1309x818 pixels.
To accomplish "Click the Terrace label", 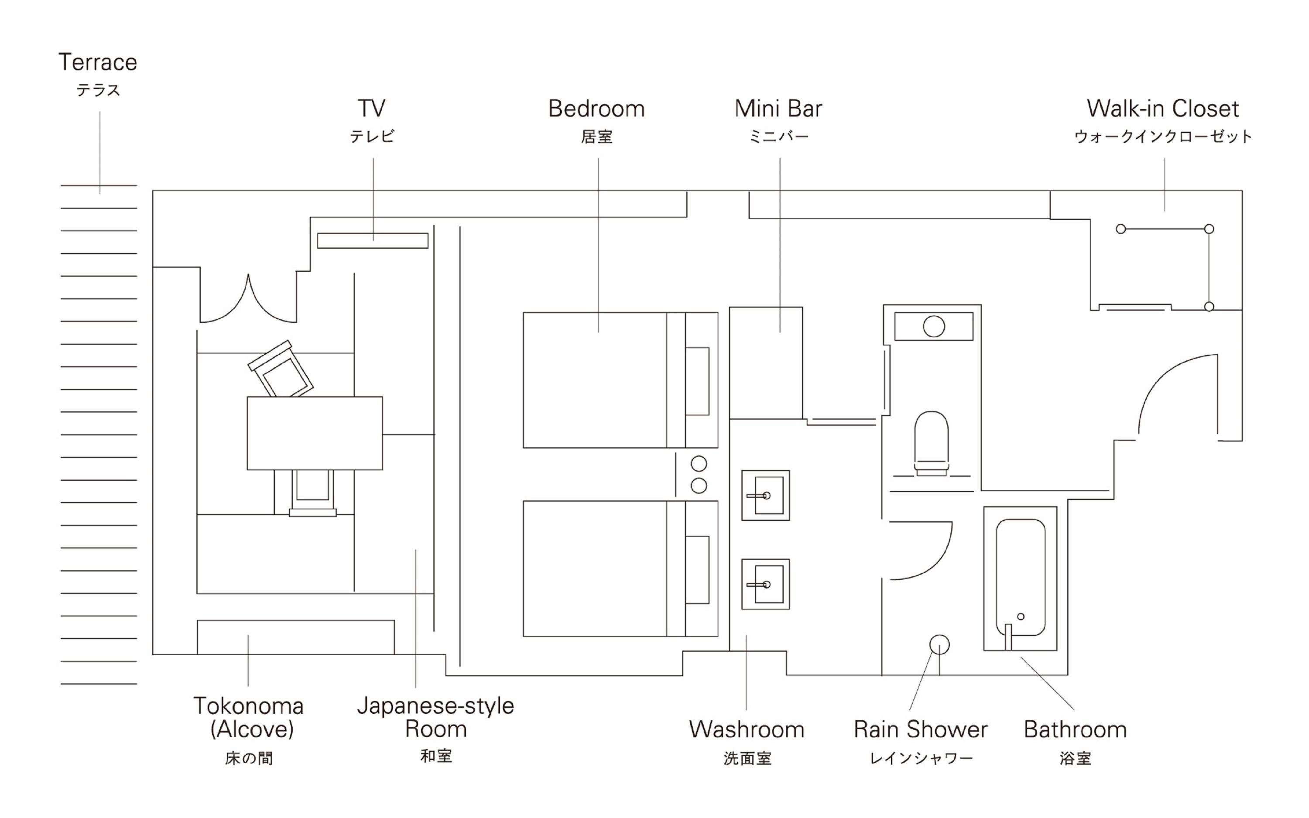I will click(x=97, y=63).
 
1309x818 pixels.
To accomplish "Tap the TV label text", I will click(x=372, y=109).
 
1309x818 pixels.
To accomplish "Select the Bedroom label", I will click(x=596, y=109).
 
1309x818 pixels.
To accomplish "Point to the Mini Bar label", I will click(x=778, y=109).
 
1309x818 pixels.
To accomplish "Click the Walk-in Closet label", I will click(x=1163, y=109).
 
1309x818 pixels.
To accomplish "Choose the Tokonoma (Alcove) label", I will click(x=248, y=717).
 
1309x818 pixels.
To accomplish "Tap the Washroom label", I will click(x=747, y=729).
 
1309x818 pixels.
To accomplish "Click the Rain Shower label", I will click(x=921, y=729).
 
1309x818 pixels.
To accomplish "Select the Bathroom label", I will click(x=1075, y=729).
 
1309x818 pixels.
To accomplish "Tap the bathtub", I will click(x=1020, y=577).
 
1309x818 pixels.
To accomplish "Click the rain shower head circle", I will click(x=939, y=644).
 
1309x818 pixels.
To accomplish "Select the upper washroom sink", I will click(x=765, y=495).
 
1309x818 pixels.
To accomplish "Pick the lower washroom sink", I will click(x=765, y=584).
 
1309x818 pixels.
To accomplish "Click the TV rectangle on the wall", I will click(x=373, y=241).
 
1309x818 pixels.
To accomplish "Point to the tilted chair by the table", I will click(x=280, y=370).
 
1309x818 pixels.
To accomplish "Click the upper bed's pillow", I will click(x=697, y=381).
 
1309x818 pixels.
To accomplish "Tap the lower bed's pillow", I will click(x=697, y=570).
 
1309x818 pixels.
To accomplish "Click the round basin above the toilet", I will click(x=934, y=326).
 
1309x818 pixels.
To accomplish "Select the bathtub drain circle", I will click(x=1021, y=616).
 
